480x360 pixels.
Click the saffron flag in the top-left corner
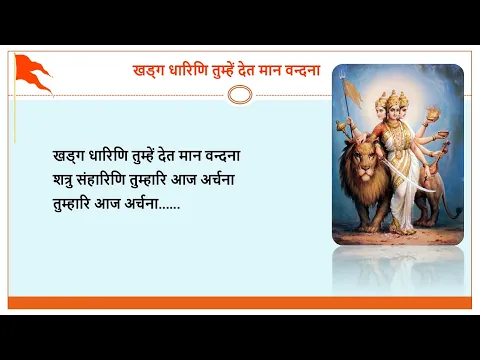point(32,73)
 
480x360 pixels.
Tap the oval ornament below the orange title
point(239,94)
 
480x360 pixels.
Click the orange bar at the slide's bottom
point(239,302)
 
